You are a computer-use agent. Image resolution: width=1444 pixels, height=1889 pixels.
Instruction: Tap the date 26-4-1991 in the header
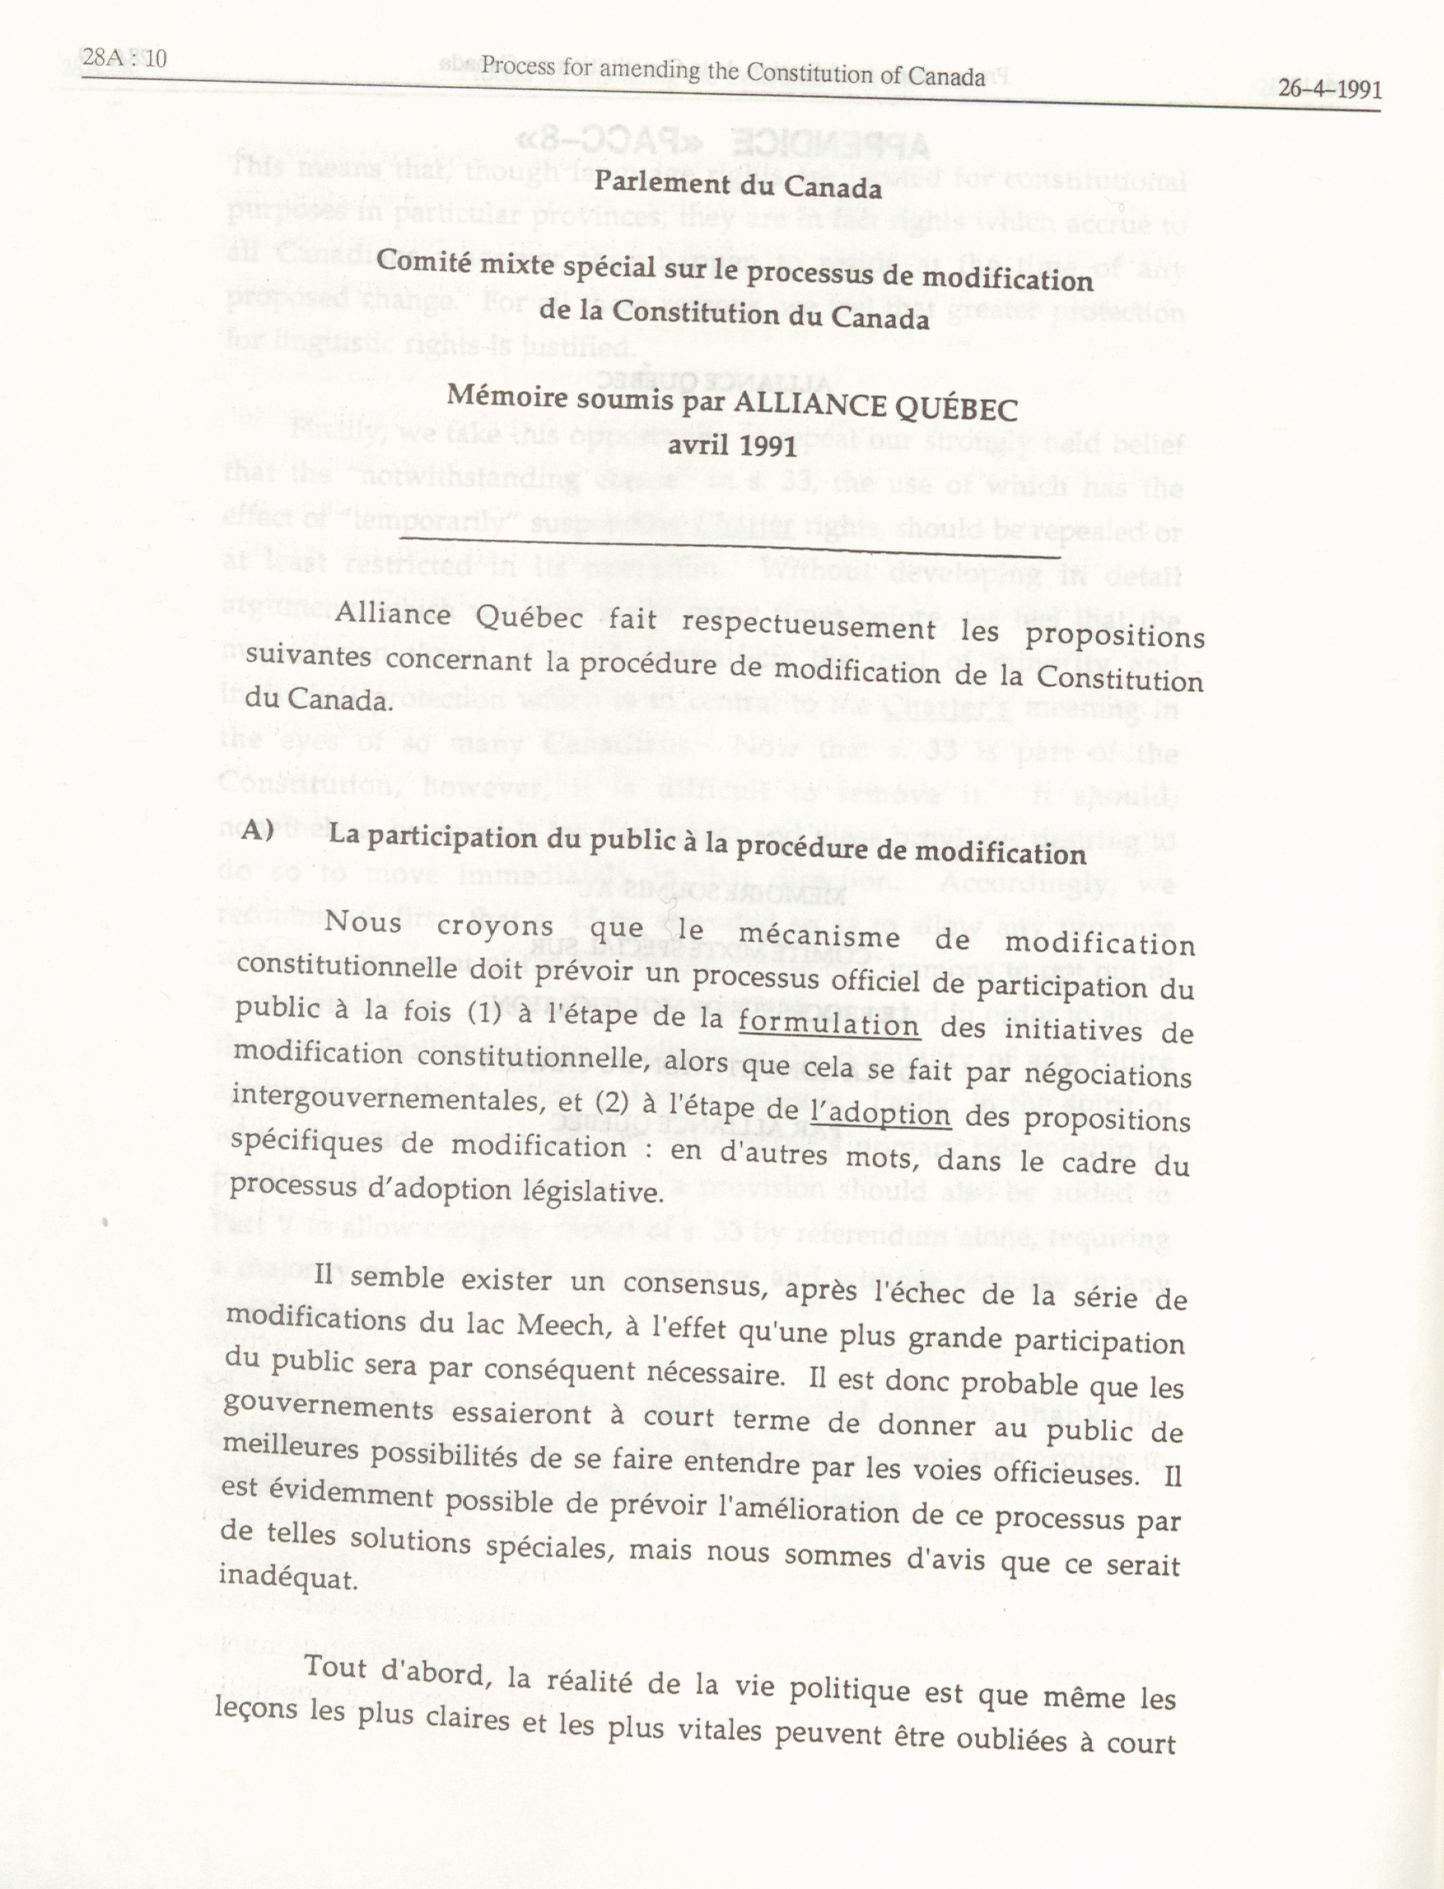pos(1329,89)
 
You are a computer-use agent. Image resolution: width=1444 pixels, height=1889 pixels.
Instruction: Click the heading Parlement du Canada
pos(738,185)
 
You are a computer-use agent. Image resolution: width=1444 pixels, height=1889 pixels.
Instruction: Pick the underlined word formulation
pos(829,1024)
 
